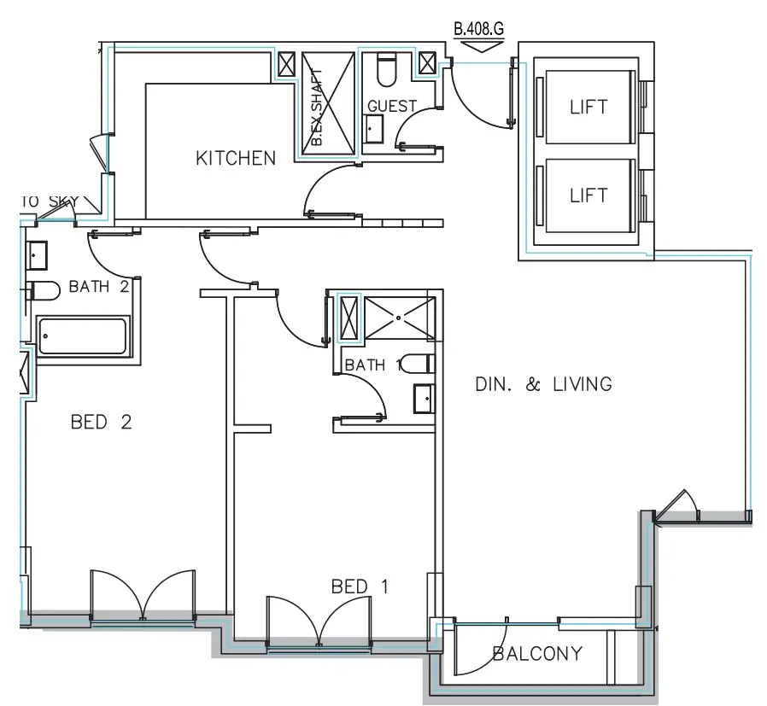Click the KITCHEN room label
coord(236,158)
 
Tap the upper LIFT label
coord(588,108)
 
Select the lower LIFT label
coord(588,195)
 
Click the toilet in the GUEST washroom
coord(385,71)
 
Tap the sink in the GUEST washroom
coord(374,131)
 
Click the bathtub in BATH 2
coord(82,335)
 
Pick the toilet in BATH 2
coord(40,290)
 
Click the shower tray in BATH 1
coord(399,317)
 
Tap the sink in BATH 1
coord(423,400)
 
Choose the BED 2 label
coord(102,422)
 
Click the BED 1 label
coord(360,586)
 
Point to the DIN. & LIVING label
coord(543,384)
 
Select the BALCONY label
coord(538,654)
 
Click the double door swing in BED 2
coord(143,594)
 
